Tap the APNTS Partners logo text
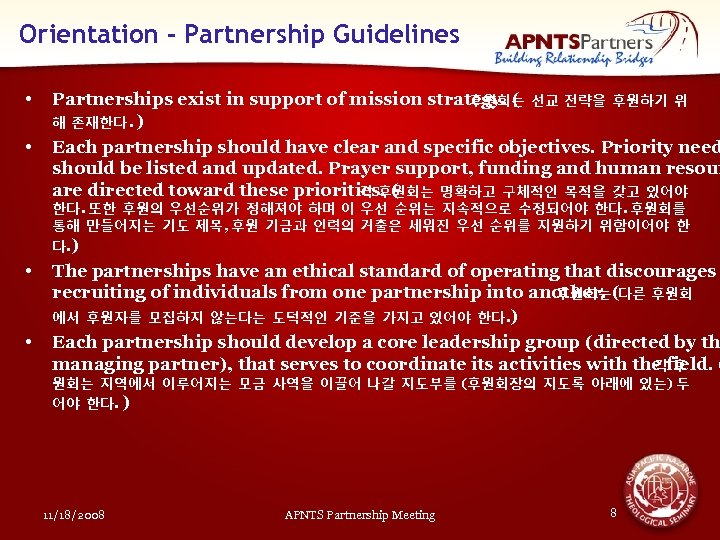(x=580, y=41)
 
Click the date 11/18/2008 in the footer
(x=75, y=515)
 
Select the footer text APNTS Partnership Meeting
(x=360, y=515)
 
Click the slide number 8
(x=613, y=512)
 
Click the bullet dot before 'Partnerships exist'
(x=32, y=100)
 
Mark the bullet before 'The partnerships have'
(x=32, y=272)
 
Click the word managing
(x=96, y=364)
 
